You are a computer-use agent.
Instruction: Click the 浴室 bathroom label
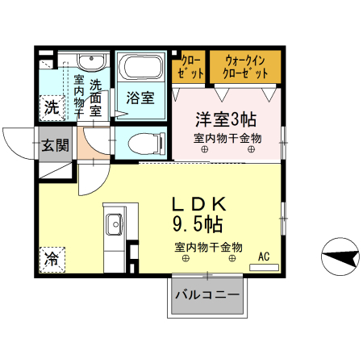tap(140, 98)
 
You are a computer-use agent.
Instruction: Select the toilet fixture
tap(143, 144)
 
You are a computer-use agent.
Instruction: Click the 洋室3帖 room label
tap(226, 119)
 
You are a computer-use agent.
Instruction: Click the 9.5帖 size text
tap(197, 222)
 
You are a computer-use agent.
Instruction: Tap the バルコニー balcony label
tap(207, 295)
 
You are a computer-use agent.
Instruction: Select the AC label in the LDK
tap(262, 257)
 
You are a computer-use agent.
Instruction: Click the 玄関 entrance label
tap(56, 145)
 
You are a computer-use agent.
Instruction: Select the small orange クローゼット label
tap(191, 65)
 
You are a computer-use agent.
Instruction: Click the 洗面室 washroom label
tap(95, 98)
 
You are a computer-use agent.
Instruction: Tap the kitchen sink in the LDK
tap(114, 222)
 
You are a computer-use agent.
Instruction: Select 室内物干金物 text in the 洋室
tap(227, 138)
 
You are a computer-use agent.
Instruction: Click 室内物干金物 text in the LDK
tap(208, 247)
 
